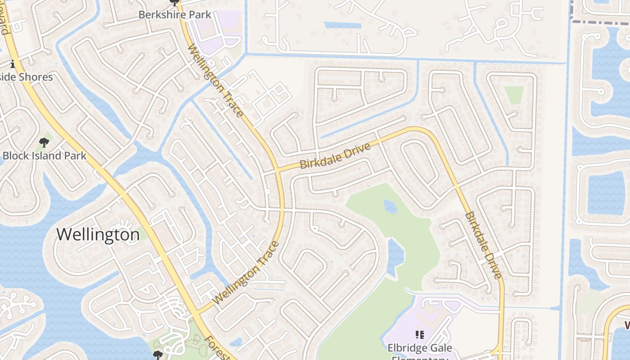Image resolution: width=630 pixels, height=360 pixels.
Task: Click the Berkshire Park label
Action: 175,14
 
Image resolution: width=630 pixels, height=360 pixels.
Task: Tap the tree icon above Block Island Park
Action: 44,143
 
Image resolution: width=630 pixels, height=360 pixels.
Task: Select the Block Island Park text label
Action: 44,156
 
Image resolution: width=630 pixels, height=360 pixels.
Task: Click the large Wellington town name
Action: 98,234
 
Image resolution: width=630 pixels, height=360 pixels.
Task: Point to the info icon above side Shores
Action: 13,64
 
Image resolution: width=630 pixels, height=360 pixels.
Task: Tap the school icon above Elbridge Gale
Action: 419,334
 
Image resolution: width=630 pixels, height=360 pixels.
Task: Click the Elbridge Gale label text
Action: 419,348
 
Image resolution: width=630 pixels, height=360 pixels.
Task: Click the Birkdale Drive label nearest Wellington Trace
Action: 335,156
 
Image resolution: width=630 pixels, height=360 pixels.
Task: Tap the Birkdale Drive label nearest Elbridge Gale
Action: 482,245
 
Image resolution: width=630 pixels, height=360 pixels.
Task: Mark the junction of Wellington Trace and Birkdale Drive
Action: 278,170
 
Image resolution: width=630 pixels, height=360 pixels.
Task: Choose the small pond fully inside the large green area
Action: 390,207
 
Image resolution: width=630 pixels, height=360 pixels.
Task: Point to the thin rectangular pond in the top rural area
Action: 342,25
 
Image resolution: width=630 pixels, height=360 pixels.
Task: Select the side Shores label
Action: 27,77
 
